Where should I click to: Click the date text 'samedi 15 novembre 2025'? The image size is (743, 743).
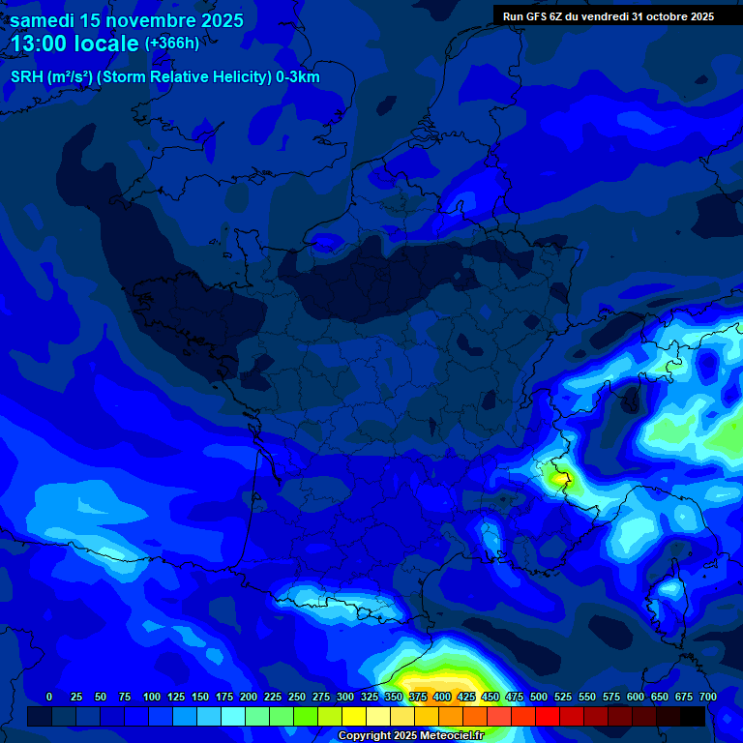pos(127,20)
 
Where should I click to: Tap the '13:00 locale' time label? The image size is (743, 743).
pos(74,44)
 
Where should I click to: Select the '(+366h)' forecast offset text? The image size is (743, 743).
pos(171,44)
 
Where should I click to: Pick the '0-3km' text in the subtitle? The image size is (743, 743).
pos(297,77)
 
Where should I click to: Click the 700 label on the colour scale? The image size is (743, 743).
pos(707,697)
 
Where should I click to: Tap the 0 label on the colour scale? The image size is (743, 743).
pos(49,697)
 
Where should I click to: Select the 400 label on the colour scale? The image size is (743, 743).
pos(442,697)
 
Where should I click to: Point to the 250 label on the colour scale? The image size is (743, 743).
pos(297,697)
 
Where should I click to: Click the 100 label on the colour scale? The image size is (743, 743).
pos(152,697)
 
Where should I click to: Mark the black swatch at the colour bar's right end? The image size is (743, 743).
pos(693,716)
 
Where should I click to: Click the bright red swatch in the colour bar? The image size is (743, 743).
pos(548,716)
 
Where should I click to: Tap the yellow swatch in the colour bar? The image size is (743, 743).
pos(354,716)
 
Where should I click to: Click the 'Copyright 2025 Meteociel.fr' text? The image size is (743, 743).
pos(410,735)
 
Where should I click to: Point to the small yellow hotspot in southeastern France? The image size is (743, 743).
pos(559,476)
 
